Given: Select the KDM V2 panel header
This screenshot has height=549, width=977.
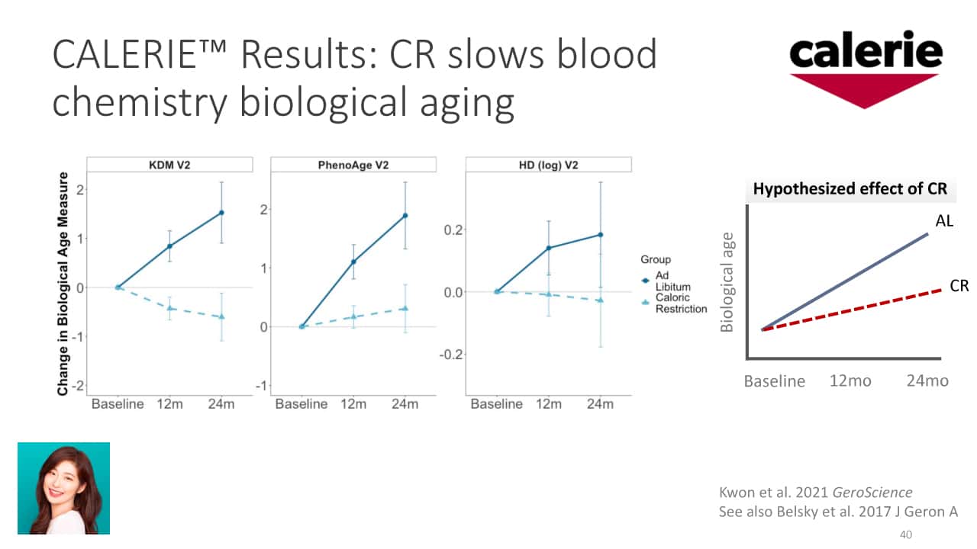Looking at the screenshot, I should (x=169, y=165).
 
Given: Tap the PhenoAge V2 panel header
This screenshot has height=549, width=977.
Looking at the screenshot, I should (x=353, y=165).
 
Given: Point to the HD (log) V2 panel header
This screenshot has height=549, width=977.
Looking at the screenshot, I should (x=548, y=165).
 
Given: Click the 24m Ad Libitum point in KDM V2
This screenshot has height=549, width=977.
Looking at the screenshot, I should (x=221, y=213).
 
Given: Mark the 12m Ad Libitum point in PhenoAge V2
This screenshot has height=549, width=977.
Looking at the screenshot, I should (x=353, y=262).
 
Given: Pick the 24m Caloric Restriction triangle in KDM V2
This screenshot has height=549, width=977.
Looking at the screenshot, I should (x=221, y=316).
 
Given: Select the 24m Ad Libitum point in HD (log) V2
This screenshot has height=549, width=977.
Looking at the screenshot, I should (x=600, y=235).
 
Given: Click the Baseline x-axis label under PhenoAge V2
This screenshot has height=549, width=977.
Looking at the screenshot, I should (x=301, y=404).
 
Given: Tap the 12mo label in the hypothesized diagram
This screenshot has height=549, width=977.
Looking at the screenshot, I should (x=850, y=380).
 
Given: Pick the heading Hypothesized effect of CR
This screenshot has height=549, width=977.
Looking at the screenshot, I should (x=850, y=190).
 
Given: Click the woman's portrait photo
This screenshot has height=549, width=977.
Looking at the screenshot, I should (x=64, y=488).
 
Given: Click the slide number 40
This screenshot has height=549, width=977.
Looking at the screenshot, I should (x=906, y=535).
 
